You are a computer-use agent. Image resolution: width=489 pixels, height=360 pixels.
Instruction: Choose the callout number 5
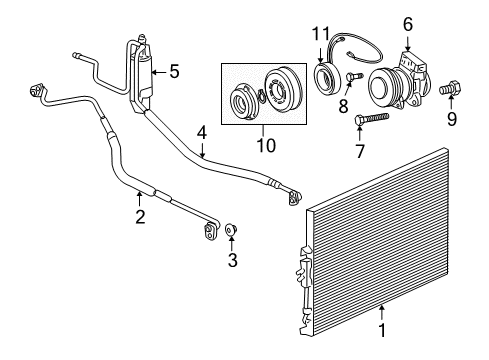(174, 71)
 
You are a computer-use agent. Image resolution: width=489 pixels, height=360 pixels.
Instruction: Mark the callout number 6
(407, 23)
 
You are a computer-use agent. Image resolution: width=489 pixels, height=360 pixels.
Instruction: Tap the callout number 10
(264, 147)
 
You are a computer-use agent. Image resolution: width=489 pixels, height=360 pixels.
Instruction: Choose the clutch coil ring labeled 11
(327, 77)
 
